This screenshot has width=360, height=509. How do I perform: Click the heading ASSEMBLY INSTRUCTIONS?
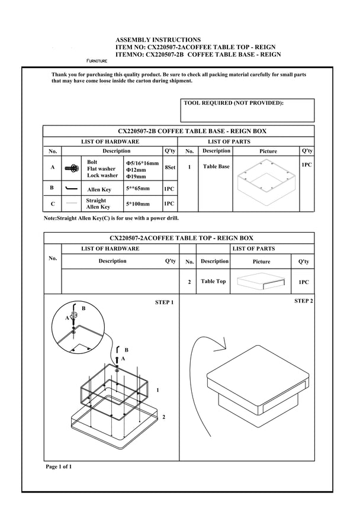[157, 40]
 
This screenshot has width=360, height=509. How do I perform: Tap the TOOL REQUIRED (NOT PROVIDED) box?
[247, 110]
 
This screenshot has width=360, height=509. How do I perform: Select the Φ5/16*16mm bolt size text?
[142, 162]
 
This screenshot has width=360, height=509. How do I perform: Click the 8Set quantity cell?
[170, 168]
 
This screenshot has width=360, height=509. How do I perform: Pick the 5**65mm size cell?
[138, 189]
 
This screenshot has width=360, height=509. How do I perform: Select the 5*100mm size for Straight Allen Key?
[138, 204]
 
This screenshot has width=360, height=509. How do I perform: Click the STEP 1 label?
[164, 302]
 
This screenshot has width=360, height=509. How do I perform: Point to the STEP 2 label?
[303, 301]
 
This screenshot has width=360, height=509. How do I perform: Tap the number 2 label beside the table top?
[163, 417]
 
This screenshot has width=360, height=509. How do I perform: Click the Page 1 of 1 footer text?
[59, 467]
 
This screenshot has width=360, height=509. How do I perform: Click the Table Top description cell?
[213, 282]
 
